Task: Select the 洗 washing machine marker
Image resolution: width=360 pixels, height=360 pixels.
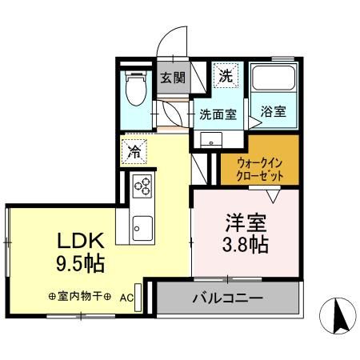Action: [x=226, y=78]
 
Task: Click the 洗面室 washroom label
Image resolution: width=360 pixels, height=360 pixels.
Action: [x=217, y=114]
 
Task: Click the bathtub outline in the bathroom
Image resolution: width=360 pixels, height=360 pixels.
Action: [x=274, y=80]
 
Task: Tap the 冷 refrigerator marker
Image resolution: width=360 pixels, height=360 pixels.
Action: [x=133, y=149]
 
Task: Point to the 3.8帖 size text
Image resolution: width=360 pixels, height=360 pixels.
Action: [x=245, y=243]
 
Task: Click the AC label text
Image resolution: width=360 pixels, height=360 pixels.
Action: [x=126, y=296]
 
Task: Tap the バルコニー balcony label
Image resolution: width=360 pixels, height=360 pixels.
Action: [x=227, y=300]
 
